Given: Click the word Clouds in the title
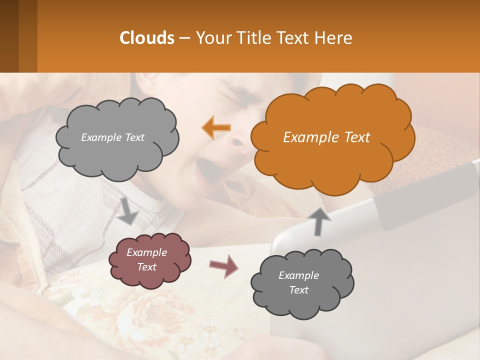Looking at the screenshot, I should (x=147, y=38).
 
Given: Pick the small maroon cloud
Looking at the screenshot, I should (x=149, y=260).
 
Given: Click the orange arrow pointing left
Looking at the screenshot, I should (x=216, y=127).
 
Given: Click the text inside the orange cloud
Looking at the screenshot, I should (x=326, y=137).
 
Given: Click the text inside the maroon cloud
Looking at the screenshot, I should (x=147, y=259).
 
